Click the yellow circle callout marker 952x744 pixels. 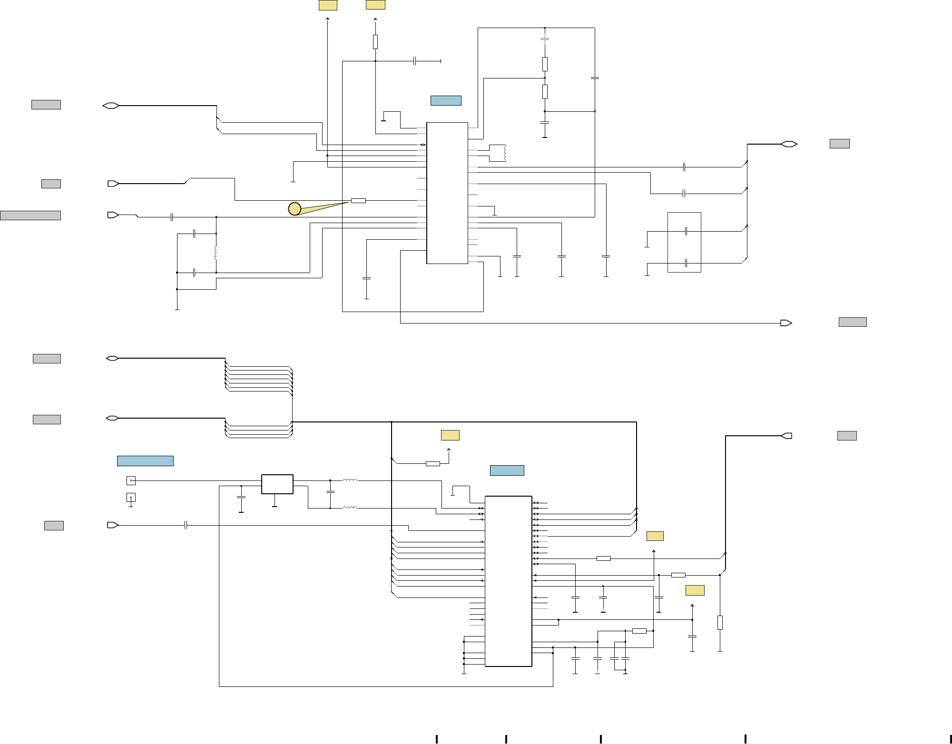(x=294, y=208)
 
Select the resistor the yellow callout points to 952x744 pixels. (x=358, y=201)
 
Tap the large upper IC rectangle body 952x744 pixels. (x=447, y=193)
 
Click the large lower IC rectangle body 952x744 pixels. (x=508, y=581)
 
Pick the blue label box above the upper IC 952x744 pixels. (x=446, y=100)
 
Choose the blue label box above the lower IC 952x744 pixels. (x=507, y=470)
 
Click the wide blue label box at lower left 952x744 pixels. (x=145, y=461)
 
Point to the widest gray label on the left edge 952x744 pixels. (x=30, y=215)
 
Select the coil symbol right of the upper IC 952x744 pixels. (x=504, y=153)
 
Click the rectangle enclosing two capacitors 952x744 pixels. (x=684, y=242)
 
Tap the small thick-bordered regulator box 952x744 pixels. (x=277, y=484)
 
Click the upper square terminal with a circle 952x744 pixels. (x=131, y=480)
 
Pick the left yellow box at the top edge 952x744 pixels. (x=328, y=5)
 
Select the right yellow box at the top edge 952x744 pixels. (x=375, y=5)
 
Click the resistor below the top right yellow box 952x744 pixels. (x=375, y=42)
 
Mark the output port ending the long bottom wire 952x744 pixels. (x=786, y=323)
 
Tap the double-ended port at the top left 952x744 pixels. (x=111, y=106)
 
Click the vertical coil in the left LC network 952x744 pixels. (x=216, y=253)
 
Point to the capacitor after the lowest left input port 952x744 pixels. (x=186, y=525)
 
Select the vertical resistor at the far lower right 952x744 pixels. (x=720, y=623)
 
